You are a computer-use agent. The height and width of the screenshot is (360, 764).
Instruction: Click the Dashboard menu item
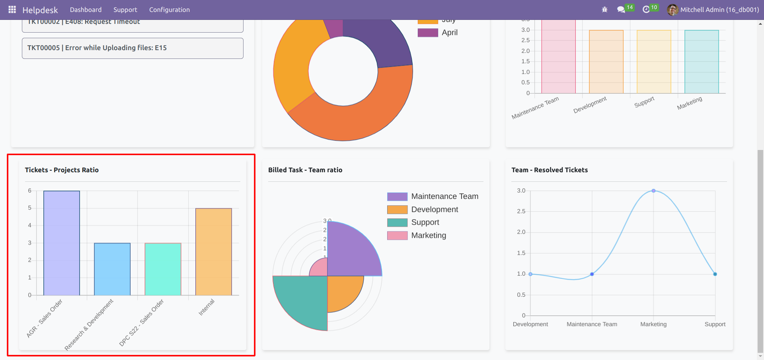[86, 10]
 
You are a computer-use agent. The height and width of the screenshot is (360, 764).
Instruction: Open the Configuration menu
[169, 10]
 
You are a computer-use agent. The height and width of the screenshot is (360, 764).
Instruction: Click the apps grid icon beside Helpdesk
[12, 10]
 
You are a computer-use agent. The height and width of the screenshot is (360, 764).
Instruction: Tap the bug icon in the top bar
[604, 10]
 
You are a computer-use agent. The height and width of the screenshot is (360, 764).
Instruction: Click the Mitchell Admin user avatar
[672, 10]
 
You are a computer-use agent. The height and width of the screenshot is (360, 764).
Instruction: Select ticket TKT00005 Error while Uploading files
[133, 48]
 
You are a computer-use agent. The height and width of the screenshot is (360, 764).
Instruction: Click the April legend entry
[438, 33]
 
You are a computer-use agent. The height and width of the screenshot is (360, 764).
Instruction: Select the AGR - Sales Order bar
[62, 243]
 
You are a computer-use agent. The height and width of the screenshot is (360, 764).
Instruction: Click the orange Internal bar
[214, 252]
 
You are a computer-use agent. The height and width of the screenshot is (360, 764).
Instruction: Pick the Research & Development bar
[112, 269]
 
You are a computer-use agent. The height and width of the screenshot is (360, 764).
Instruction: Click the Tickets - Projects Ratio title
[62, 170]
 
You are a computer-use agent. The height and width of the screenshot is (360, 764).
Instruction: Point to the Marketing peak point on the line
[653, 191]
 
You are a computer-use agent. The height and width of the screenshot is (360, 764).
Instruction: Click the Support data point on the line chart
[715, 274]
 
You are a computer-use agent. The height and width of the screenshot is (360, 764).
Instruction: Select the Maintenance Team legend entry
[433, 197]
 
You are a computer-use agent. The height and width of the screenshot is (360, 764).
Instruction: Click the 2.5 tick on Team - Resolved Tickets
[521, 211]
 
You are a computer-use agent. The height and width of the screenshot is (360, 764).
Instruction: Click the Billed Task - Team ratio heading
[305, 170]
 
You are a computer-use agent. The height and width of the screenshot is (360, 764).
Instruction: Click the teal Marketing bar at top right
[702, 62]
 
